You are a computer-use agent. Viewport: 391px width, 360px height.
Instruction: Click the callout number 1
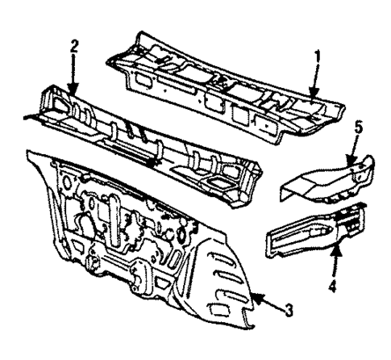tap(318, 57)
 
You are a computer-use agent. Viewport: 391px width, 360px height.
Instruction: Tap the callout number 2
tap(73, 45)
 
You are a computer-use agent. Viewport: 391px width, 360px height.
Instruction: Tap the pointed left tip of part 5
tap(285, 192)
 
